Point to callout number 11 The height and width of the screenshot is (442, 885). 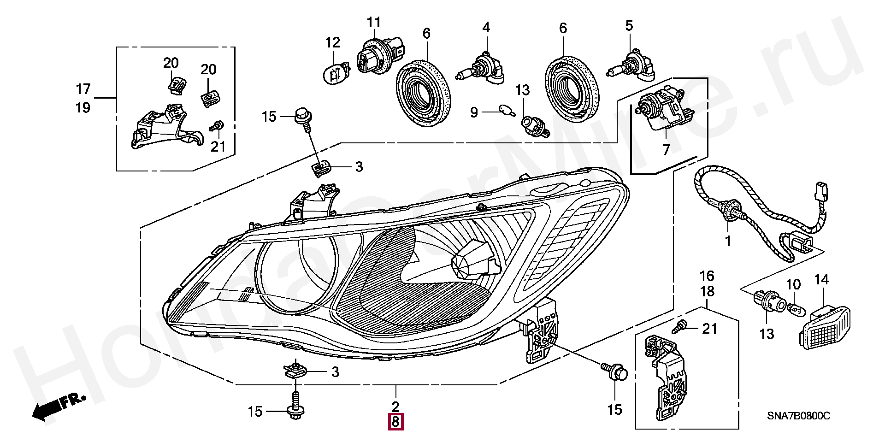pyautogui.click(x=374, y=22)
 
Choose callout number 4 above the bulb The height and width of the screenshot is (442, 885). pyautogui.click(x=486, y=28)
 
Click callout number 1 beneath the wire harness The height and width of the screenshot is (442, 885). pyautogui.click(x=728, y=241)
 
